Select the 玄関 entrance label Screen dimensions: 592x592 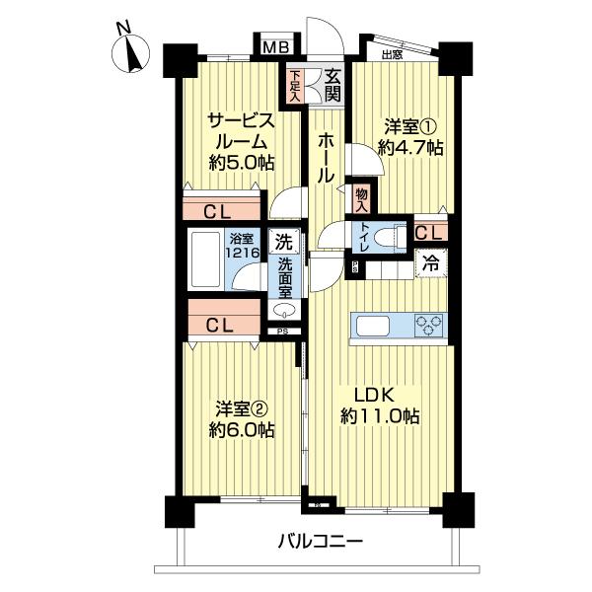coord(333,85)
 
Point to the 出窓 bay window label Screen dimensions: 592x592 coord(392,55)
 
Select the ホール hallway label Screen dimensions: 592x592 coord(323,158)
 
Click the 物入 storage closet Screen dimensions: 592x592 coord(361,200)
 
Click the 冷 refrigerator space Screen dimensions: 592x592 coord(431,262)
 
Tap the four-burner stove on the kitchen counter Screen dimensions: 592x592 coord(430,326)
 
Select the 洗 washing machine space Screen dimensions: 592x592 coord(283,240)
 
